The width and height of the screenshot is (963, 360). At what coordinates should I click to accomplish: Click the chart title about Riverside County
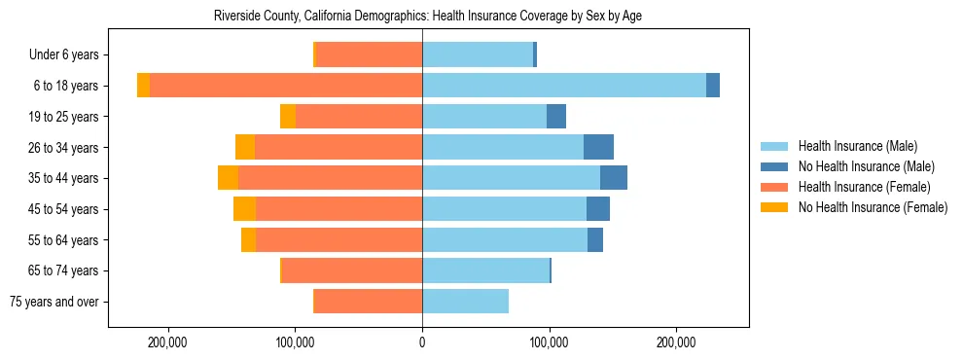[427, 16]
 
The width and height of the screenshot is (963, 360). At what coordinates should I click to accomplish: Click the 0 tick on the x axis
[422, 343]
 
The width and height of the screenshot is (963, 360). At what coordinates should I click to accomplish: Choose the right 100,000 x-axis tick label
[550, 343]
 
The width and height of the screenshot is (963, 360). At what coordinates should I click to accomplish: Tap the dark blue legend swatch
[775, 166]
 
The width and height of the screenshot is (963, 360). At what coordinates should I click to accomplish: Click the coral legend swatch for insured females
[775, 187]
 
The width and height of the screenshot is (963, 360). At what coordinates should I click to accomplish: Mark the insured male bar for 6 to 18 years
[564, 86]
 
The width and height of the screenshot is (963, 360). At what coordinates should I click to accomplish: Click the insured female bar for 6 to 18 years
[286, 86]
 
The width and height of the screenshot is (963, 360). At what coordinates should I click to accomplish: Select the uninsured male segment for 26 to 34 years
[598, 147]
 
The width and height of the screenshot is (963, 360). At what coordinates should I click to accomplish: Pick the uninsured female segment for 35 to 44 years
[228, 178]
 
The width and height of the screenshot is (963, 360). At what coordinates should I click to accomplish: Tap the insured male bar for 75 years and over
[465, 302]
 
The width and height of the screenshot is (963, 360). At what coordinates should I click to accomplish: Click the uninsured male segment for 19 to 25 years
[556, 117]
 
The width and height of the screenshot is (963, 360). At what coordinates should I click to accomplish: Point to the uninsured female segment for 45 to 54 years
[244, 209]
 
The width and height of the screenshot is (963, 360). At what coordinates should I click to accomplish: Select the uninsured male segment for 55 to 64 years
[595, 239]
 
